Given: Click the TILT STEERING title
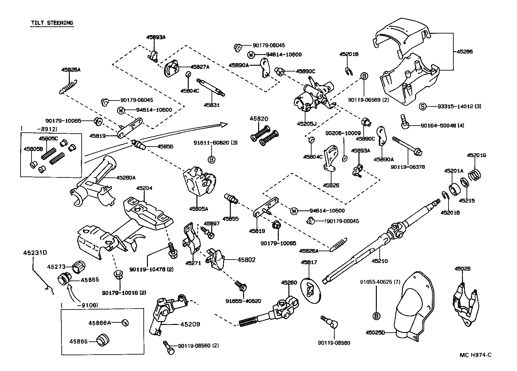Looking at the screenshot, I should [52, 23].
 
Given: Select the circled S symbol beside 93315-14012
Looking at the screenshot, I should [423, 107].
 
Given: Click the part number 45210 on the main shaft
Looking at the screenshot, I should [380, 261].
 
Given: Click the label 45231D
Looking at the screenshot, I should [35, 253].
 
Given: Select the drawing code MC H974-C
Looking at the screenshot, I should [475, 355].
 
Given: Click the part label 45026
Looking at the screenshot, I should [462, 269].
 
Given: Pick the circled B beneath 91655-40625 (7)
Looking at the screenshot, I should [376, 317].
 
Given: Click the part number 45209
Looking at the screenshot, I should [190, 324].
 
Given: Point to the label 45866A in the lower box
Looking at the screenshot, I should [100, 322].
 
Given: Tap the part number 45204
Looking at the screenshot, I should [144, 188].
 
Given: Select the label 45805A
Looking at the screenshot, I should [198, 209].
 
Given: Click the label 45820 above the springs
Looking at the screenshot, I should [259, 119].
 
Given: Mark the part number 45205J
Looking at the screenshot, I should [307, 123].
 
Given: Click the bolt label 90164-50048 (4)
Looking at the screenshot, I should [442, 126].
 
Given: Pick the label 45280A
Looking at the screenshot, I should [126, 177].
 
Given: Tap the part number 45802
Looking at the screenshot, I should [246, 260].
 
